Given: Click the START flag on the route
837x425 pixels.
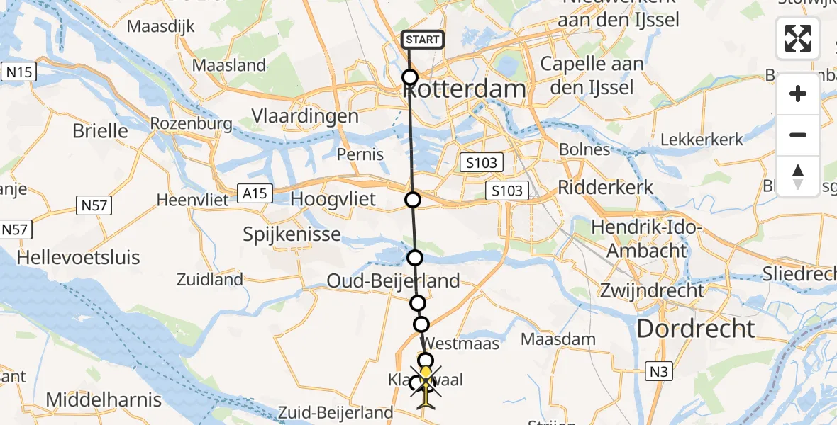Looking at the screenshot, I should tap(423, 40).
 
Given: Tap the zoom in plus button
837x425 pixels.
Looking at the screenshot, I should tap(798, 93).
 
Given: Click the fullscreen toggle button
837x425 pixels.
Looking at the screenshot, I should tap(798, 38).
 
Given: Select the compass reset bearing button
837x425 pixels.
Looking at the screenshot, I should tap(798, 176).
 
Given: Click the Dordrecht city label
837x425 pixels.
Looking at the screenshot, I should tap(696, 329).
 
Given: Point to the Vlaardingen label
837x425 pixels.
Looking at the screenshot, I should tap(305, 116).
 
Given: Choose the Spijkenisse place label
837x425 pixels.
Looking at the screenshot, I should tap(292, 234).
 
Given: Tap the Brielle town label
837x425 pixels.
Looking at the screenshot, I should tap(100, 131).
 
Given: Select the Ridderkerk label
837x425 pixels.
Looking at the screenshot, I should tap(606, 188).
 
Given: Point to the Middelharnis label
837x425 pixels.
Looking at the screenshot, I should tap(104, 399).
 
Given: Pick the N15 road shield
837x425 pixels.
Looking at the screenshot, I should tap(19, 72).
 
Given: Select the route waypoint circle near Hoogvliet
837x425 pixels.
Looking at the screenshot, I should tap(413, 200).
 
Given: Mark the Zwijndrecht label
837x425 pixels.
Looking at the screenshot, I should tap(652, 290).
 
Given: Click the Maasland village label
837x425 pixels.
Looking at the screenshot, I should tap(229, 66).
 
